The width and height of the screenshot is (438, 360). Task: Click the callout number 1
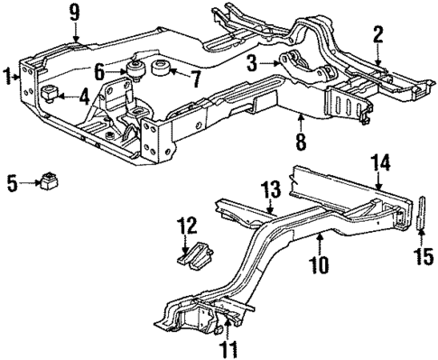point(9,76)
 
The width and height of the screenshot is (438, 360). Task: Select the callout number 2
point(377,37)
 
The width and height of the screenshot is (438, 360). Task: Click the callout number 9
point(74,13)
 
